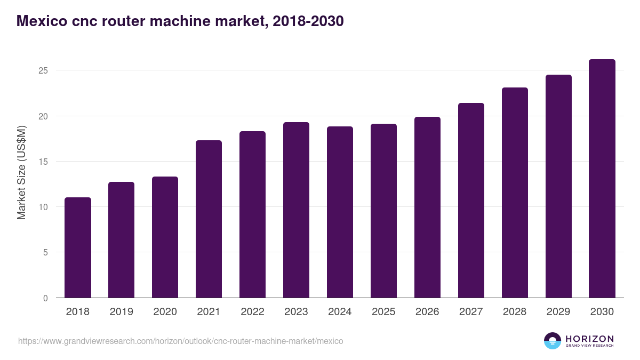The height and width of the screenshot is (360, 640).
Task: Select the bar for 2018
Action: (x=78, y=247)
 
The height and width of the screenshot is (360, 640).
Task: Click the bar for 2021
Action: (x=209, y=219)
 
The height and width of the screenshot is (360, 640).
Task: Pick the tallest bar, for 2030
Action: (x=602, y=179)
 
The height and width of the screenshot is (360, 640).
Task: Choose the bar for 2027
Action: (x=471, y=201)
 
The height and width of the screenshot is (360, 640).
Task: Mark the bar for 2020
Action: (x=165, y=237)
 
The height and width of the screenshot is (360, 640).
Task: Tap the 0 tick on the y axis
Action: (x=45, y=298)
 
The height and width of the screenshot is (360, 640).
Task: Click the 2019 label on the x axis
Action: (x=121, y=312)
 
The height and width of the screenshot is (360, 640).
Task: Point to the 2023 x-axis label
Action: (x=296, y=312)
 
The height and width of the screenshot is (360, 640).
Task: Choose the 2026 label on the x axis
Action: (x=427, y=312)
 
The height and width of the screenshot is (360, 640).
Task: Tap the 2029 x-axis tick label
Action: (x=558, y=312)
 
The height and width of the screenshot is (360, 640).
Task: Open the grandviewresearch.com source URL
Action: (x=180, y=341)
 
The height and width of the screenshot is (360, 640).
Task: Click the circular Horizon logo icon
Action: (x=553, y=341)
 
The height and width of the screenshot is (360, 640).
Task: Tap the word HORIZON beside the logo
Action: (x=589, y=339)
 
